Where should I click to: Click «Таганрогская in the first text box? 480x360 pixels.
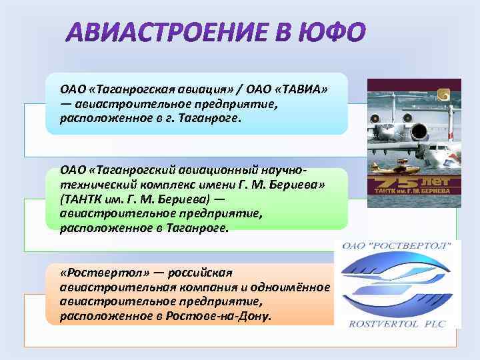point(125,89)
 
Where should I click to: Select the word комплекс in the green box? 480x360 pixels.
point(146,185)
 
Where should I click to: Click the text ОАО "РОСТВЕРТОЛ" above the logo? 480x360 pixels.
point(397,246)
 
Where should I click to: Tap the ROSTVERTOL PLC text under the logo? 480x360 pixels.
point(397,324)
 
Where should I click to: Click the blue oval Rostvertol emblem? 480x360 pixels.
point(396,283)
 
